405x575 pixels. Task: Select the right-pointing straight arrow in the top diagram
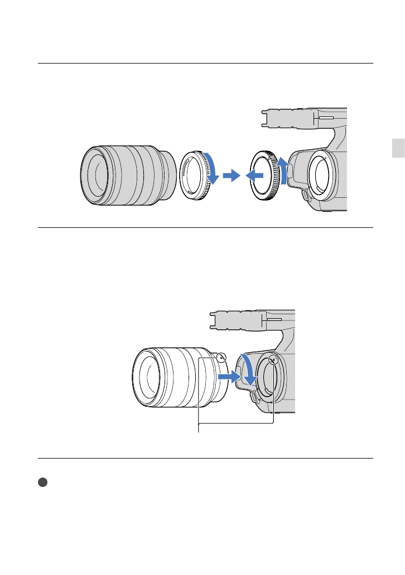(230, 176)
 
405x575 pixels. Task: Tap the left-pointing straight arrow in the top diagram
(255, 176)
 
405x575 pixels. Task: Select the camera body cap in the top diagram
(267, 176)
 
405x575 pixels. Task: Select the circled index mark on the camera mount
(273, 359)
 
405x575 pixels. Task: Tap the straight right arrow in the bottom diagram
(229, 377)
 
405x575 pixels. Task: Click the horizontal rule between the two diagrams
(205, 227)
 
